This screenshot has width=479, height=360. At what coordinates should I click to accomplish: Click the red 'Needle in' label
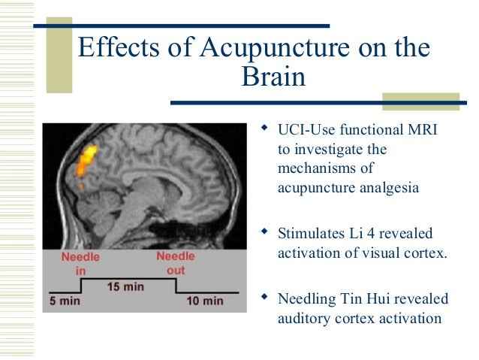click(80, 262)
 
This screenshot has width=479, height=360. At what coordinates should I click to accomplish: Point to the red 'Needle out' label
click(175, 262)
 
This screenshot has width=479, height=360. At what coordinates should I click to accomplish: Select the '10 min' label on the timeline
click(205, 301)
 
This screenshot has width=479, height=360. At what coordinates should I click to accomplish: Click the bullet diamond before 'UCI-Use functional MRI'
click(264, 129)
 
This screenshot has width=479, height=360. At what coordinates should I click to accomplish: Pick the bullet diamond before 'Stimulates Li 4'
click(264, 232)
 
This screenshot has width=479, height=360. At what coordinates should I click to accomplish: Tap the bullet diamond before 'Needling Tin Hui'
click(264, 297)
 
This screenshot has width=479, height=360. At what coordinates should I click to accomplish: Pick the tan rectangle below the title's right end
click(420, 101)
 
